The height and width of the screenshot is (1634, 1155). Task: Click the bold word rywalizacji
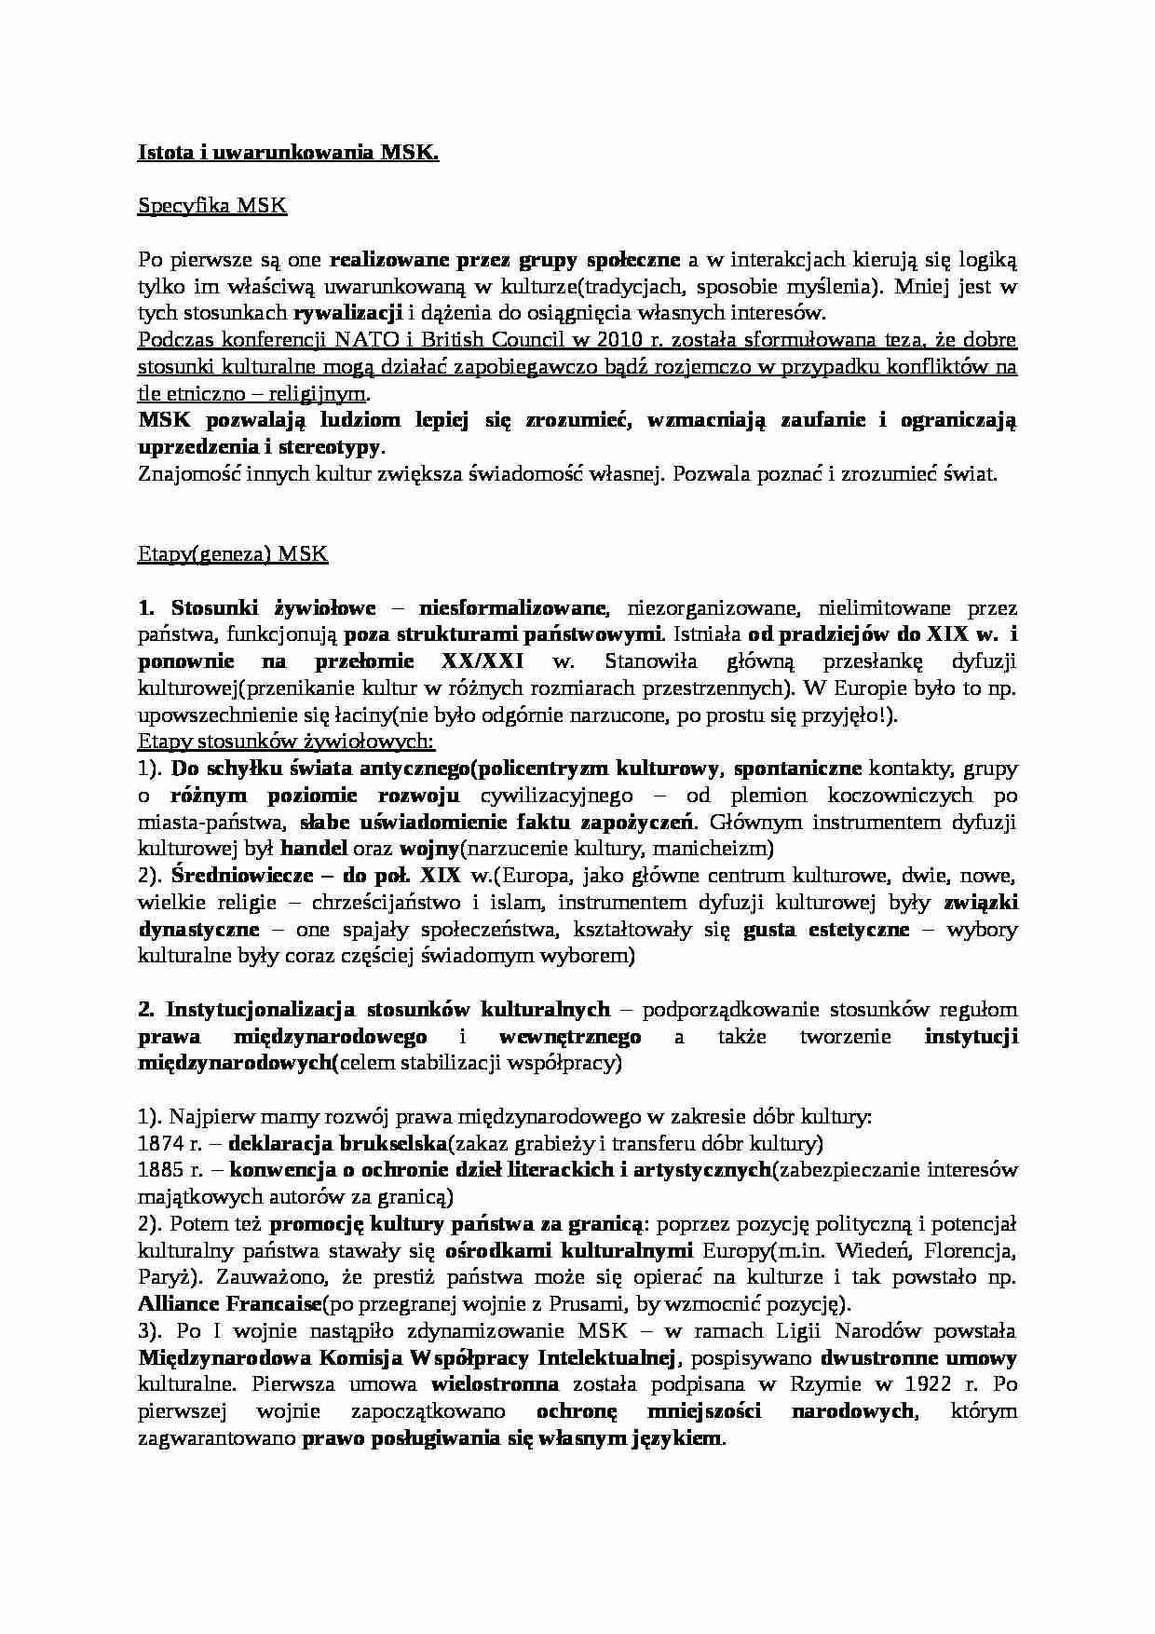348,312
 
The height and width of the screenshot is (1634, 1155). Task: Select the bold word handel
314,849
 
